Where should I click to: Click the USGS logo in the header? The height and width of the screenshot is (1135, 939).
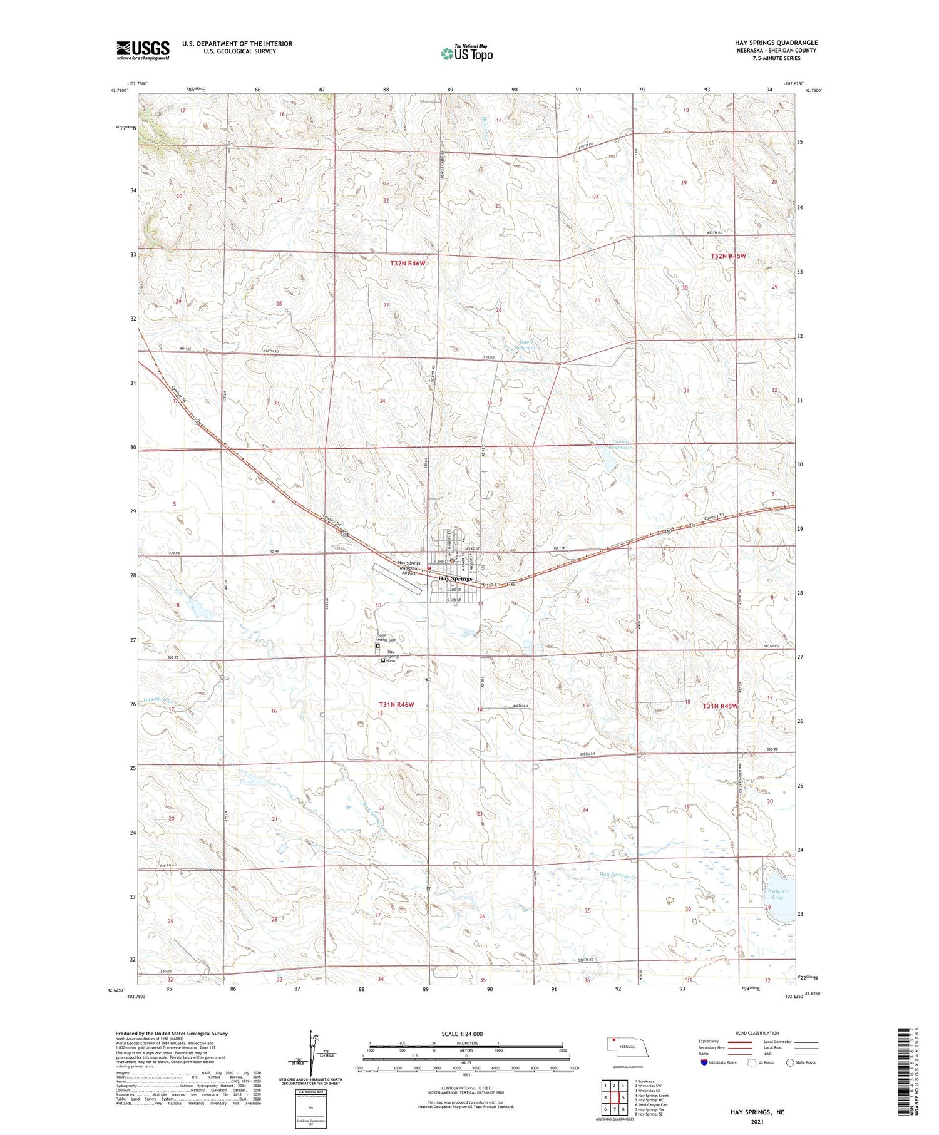point(143,50)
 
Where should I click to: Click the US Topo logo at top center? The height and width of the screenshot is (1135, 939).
point(466,53)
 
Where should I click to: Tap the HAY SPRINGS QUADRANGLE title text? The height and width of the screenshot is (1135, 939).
point(776,43)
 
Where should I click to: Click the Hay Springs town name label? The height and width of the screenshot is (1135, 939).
point(455,579)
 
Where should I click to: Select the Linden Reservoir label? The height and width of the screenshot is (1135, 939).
point(622,444)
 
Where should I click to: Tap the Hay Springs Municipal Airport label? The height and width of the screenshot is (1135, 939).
point(409,568)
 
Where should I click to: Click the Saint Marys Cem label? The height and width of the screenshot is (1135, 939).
point(386,637)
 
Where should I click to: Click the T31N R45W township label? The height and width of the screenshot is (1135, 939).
point(720,706)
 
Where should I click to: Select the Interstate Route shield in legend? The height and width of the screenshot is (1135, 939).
point(704,1062)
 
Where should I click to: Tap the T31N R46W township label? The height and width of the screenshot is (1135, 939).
point(396,705)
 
